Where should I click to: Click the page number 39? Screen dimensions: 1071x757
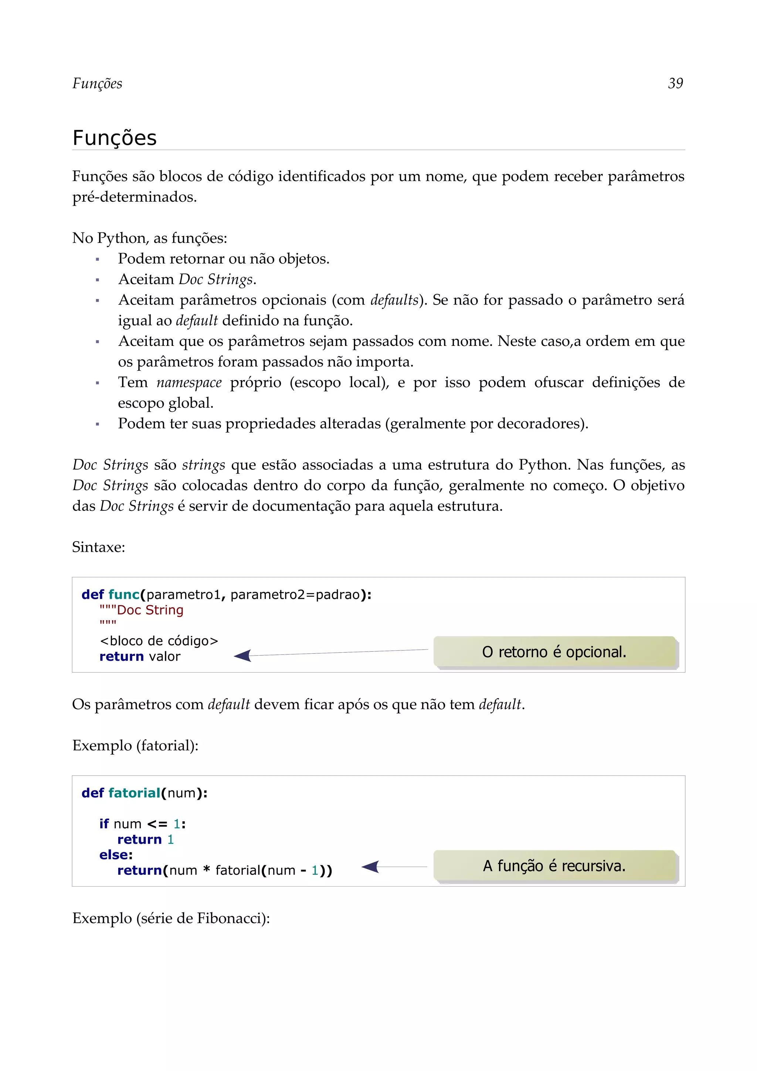pos(675,84)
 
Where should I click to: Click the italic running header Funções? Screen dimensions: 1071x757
pos(97,84)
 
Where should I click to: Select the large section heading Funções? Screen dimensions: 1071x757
pos(114,138)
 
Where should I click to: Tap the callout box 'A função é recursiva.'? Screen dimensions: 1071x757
pos(554,866)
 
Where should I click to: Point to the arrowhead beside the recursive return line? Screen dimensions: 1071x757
pos(370,867)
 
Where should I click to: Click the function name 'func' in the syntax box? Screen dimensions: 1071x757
pos(123,594)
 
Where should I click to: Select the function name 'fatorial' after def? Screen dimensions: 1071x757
pos(134,793)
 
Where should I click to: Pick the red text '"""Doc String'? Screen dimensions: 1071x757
pos(141,610)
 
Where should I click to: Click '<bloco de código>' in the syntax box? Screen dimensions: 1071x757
pos(159,641)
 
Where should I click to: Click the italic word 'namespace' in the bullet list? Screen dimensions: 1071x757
pos(189,382)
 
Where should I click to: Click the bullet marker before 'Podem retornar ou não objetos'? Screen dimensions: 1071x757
pos(98,259)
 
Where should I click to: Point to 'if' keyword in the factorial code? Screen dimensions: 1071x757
pos(103,824)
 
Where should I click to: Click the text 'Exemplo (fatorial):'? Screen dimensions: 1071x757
pos(135,745)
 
